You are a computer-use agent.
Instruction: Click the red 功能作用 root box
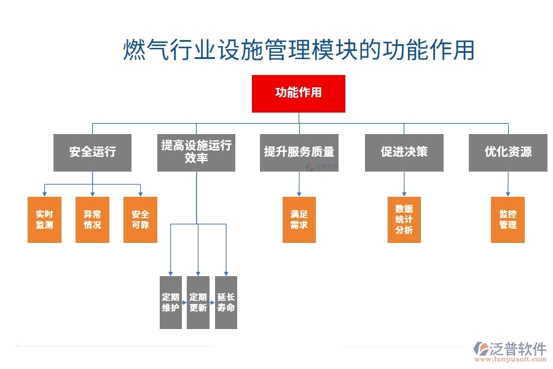298,93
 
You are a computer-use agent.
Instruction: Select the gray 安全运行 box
92,152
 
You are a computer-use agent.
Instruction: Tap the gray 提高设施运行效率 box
196,152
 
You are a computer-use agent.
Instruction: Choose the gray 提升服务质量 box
299,152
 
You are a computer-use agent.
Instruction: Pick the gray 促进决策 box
404,152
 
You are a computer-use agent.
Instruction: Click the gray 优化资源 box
508,152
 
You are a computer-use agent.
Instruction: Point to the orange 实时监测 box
44,220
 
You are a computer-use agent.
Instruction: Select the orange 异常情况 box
92,220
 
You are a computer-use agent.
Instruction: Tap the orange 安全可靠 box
140,220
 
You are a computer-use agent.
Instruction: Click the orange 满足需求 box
299,220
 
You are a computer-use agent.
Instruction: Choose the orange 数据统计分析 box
404,220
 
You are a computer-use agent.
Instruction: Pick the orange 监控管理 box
508,220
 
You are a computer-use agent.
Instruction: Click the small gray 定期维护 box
170,303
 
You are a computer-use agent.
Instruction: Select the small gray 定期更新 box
198,303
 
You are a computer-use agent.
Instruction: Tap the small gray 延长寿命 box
226,303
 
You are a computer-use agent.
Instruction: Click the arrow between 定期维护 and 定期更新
184,303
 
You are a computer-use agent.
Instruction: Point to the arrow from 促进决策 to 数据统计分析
404,183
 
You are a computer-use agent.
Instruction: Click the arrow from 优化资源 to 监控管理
508,183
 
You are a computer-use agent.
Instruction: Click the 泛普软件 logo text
518,349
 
